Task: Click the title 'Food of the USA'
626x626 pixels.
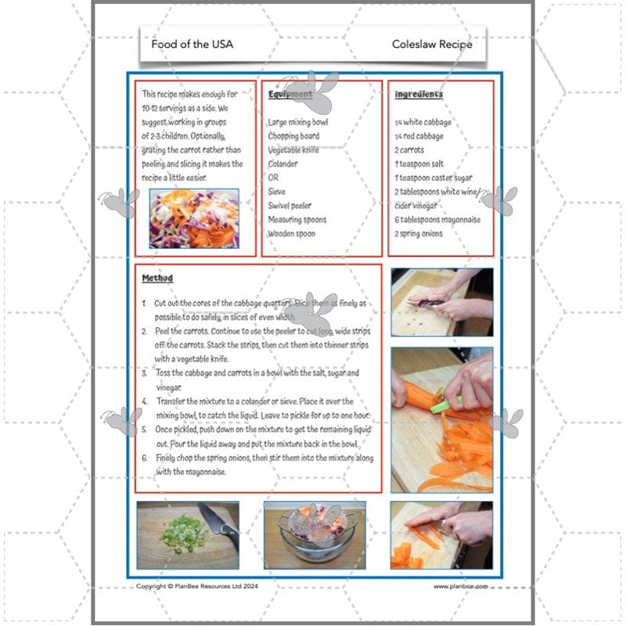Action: tap(192, 45)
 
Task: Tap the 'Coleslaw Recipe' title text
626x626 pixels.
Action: tap(432, 45)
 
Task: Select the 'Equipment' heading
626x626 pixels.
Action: tap(290, 95)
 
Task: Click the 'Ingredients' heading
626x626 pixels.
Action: tap(418, 95)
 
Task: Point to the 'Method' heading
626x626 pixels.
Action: tap(157, 279)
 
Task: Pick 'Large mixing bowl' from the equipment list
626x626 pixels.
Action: tap(297, 122)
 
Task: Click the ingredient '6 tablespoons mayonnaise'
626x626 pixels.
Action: tap(437, 220)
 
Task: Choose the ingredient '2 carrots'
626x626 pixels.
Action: tap(413, 150)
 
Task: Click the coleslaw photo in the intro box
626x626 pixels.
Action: tap(194, 218)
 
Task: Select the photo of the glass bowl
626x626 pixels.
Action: tap(315, 534)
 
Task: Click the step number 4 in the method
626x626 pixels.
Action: tap(144, 401)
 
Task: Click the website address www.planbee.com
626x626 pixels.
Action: tap(460, 586)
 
